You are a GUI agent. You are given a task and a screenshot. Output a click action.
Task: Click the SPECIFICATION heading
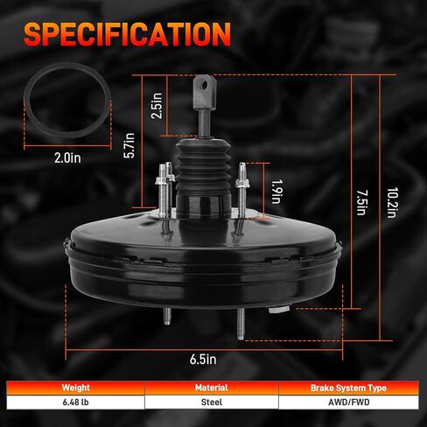127,34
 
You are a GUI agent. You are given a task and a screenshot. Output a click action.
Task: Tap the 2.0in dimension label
67,158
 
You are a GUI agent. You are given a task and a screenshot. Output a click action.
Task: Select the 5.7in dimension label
129,145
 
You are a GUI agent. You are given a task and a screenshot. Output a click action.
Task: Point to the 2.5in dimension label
157,106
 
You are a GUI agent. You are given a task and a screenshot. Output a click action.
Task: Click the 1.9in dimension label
276,192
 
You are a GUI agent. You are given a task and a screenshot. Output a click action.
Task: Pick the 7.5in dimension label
362,202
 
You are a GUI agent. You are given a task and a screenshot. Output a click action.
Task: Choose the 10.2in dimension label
392,202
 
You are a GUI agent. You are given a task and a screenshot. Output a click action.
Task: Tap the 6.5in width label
203,360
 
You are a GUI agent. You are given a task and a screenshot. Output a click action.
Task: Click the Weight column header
76,388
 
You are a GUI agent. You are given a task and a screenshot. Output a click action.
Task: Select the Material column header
212,388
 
